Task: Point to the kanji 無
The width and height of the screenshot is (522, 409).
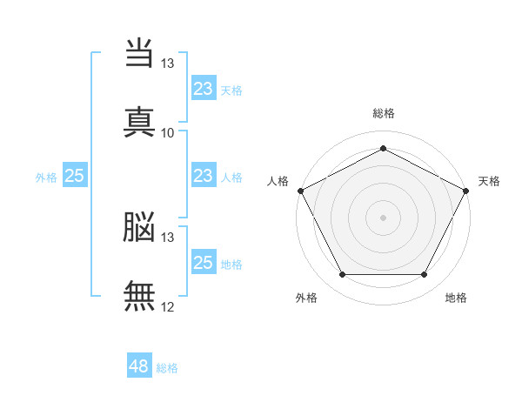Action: (x=139, y=296)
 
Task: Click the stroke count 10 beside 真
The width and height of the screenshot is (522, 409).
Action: (x=167, y=133)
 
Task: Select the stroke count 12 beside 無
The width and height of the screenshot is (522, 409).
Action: (x=167, y=306)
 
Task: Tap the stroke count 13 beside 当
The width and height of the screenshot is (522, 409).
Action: (x=167, y=64)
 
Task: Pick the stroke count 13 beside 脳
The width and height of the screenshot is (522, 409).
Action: (x=167, y=238)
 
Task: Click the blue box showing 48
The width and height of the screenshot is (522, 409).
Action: (x=139, y=367)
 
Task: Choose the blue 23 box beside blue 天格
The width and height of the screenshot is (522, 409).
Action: (x=203, y=89)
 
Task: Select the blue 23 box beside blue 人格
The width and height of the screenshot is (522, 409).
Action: (x=203, y=176)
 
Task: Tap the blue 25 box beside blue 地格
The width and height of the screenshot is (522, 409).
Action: (x=203, y=263)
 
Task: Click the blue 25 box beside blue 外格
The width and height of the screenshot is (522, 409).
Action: (x=75, y=176)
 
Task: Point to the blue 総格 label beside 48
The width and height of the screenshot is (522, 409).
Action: (x=167, y=368)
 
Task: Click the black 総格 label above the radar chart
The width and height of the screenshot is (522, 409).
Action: (x=383, y=113)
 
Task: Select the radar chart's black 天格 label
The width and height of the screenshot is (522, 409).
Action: (x=489, y=181)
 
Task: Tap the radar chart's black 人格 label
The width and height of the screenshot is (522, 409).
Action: (x=278, y=181)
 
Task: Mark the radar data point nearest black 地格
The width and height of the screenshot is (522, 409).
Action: (x=424, y=275)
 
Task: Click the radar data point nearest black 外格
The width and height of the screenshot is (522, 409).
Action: (x=342, y=275)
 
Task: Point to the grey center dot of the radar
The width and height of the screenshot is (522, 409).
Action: (x=383, y=218)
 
